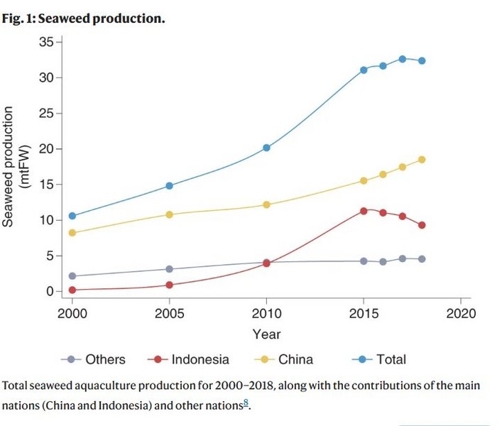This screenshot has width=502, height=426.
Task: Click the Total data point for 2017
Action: click(x=402, y=59)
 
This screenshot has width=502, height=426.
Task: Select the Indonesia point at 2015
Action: click(x=364, y=211)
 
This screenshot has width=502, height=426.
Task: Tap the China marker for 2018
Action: click(x=422, y=160)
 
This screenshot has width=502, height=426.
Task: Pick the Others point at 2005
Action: click(x=169, y=269)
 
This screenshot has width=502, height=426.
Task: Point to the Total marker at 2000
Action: click(x=72, y=216)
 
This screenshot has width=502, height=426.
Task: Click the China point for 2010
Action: click(x=266, y=204)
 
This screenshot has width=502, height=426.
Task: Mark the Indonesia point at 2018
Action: click(x=422, y=225)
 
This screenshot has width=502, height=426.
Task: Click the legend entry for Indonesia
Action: click(x=195, y=359)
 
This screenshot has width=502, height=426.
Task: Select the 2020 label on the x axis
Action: click(x=460, y=314)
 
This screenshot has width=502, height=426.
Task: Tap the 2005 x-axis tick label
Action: click(x=169, y=314)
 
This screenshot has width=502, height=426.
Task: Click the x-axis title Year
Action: click(x=266, y=334)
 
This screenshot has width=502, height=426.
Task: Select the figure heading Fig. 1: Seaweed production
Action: click(x=84, y=18)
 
